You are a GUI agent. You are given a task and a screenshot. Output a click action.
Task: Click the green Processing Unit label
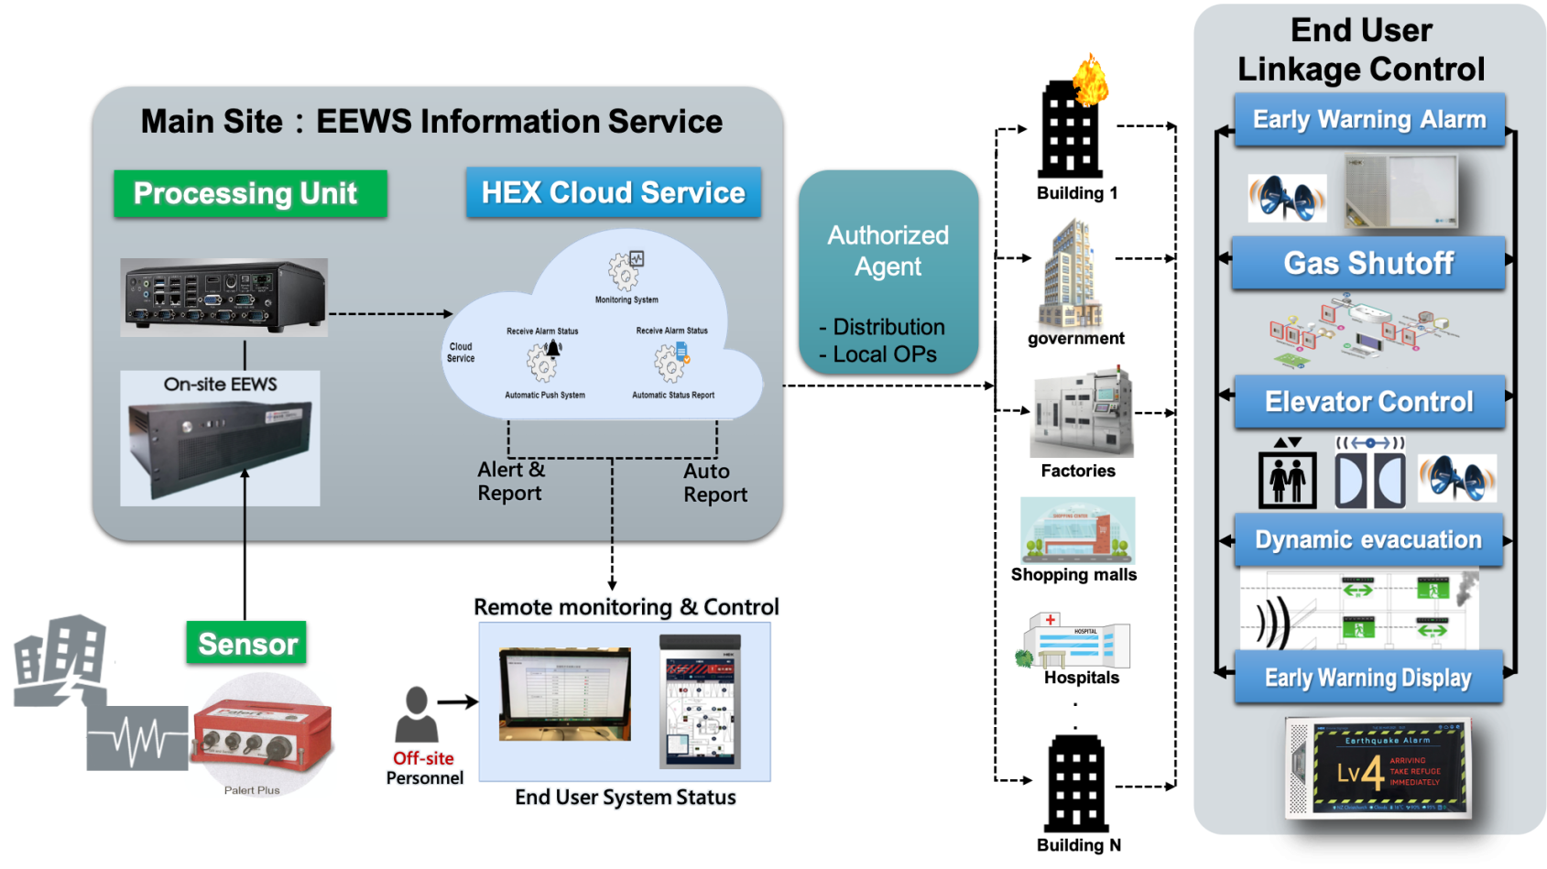(249, 194)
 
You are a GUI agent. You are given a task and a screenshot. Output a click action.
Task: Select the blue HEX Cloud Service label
(613, 193)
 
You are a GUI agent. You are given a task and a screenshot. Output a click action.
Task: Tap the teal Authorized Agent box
(888, 274)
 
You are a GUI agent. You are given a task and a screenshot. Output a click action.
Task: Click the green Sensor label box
(246, 645)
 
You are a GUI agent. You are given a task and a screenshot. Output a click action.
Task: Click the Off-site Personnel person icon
(417, 714)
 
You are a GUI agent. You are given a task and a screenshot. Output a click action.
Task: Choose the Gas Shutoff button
(1367, 264)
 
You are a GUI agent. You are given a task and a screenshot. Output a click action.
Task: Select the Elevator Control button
(1368, 402)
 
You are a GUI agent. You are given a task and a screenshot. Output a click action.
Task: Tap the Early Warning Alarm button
(1368, 120)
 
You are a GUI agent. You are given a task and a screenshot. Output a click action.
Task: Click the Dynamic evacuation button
(1367, 540)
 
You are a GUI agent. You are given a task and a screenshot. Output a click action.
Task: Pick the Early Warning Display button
(1367, 678)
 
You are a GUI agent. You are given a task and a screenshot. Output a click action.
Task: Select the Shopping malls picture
(1078, 530)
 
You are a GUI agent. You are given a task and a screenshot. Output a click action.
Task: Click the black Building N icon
(1076, 783)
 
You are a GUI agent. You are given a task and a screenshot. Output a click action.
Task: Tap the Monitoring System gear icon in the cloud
(626, 270)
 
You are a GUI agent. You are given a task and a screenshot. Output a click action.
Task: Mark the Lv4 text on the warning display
(1359, 773)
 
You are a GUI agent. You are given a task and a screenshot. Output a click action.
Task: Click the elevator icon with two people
(1287, 479)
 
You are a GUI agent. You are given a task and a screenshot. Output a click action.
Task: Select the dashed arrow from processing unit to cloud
(390, 314)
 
